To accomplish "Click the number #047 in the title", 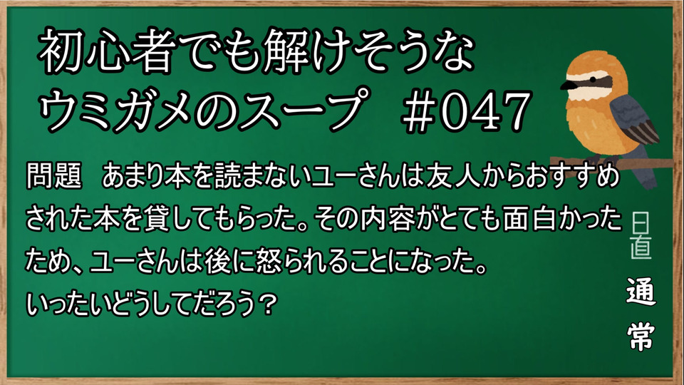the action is click(465, 112).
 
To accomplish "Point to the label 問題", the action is click(54, 177).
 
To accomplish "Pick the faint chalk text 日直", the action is click(641, 236).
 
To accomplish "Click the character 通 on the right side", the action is click(641, 291).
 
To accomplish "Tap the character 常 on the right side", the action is click(641, 336).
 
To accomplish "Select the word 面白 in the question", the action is click(528, 218).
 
